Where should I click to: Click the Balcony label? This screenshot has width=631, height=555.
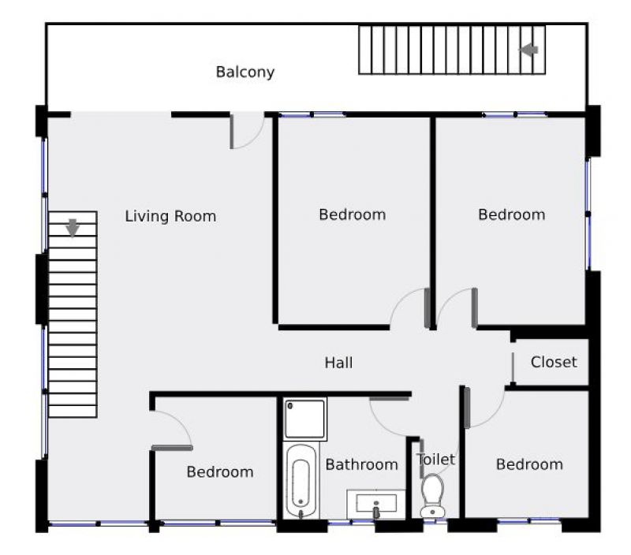pos(245,72)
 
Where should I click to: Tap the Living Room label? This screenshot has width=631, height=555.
pos(170,216)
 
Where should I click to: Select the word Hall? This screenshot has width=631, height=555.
pos(338,363)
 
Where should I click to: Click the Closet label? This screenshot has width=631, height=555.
pos(554,362)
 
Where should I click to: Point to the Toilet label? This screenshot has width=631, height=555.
pos(436,460)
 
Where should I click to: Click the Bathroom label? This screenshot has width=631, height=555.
pos(362,465)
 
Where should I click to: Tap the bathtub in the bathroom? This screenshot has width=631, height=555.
pos(301,481)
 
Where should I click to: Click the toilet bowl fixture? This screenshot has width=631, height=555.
pos(432,495)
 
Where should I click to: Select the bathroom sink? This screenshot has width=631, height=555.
pos(376,505)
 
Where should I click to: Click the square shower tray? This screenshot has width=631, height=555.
pos(304,419)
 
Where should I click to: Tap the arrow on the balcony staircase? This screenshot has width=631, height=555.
pos(528,50)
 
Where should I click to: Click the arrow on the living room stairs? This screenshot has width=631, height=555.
pos(73,228)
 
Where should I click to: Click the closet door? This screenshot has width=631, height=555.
pos(513,368)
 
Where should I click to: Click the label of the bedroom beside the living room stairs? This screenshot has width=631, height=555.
pos(220,472)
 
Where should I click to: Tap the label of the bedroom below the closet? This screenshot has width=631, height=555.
pos(529,465)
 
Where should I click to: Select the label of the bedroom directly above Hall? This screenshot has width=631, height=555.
pos(353,214)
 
